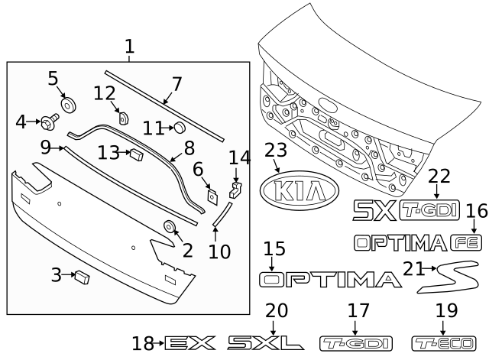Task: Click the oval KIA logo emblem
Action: [300, 192]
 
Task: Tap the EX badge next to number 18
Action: [190, 342]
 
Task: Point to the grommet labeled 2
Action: [168, 226]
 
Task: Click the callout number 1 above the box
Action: [129, 48]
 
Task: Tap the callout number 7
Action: [176, 84]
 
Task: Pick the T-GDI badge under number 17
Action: [348, 342]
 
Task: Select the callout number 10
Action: [219, 250]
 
